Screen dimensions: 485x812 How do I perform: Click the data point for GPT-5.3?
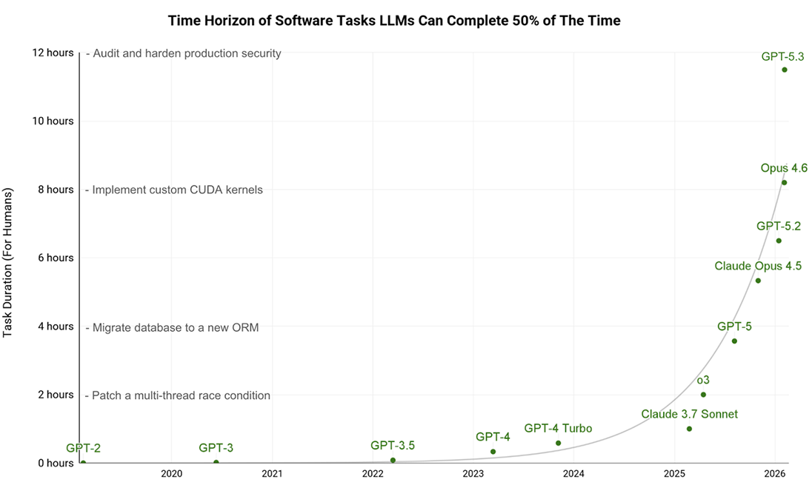click(784, 70)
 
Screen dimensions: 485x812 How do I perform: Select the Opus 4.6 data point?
click(784, 182)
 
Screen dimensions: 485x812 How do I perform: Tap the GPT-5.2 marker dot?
click(779, 241)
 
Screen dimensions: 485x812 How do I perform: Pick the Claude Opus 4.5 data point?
click(758, 281)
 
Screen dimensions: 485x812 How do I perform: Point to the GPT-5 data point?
click(734, 341)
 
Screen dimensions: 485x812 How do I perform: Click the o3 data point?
click(703, 395)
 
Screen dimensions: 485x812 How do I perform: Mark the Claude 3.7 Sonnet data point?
click(689, 429)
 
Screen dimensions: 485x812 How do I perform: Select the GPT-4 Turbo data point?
click(558, 444)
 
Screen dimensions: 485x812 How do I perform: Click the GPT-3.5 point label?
click(393, 445)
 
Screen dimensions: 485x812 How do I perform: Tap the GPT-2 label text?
click(83, 447)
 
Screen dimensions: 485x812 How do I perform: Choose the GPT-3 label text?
click(216, 447)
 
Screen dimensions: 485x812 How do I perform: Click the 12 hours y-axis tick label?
click(52, 53)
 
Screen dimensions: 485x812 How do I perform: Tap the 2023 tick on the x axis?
click(473, 473)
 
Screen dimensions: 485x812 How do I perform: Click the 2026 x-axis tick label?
click(774, 473)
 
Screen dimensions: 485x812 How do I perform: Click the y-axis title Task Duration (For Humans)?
click(9, 264)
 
